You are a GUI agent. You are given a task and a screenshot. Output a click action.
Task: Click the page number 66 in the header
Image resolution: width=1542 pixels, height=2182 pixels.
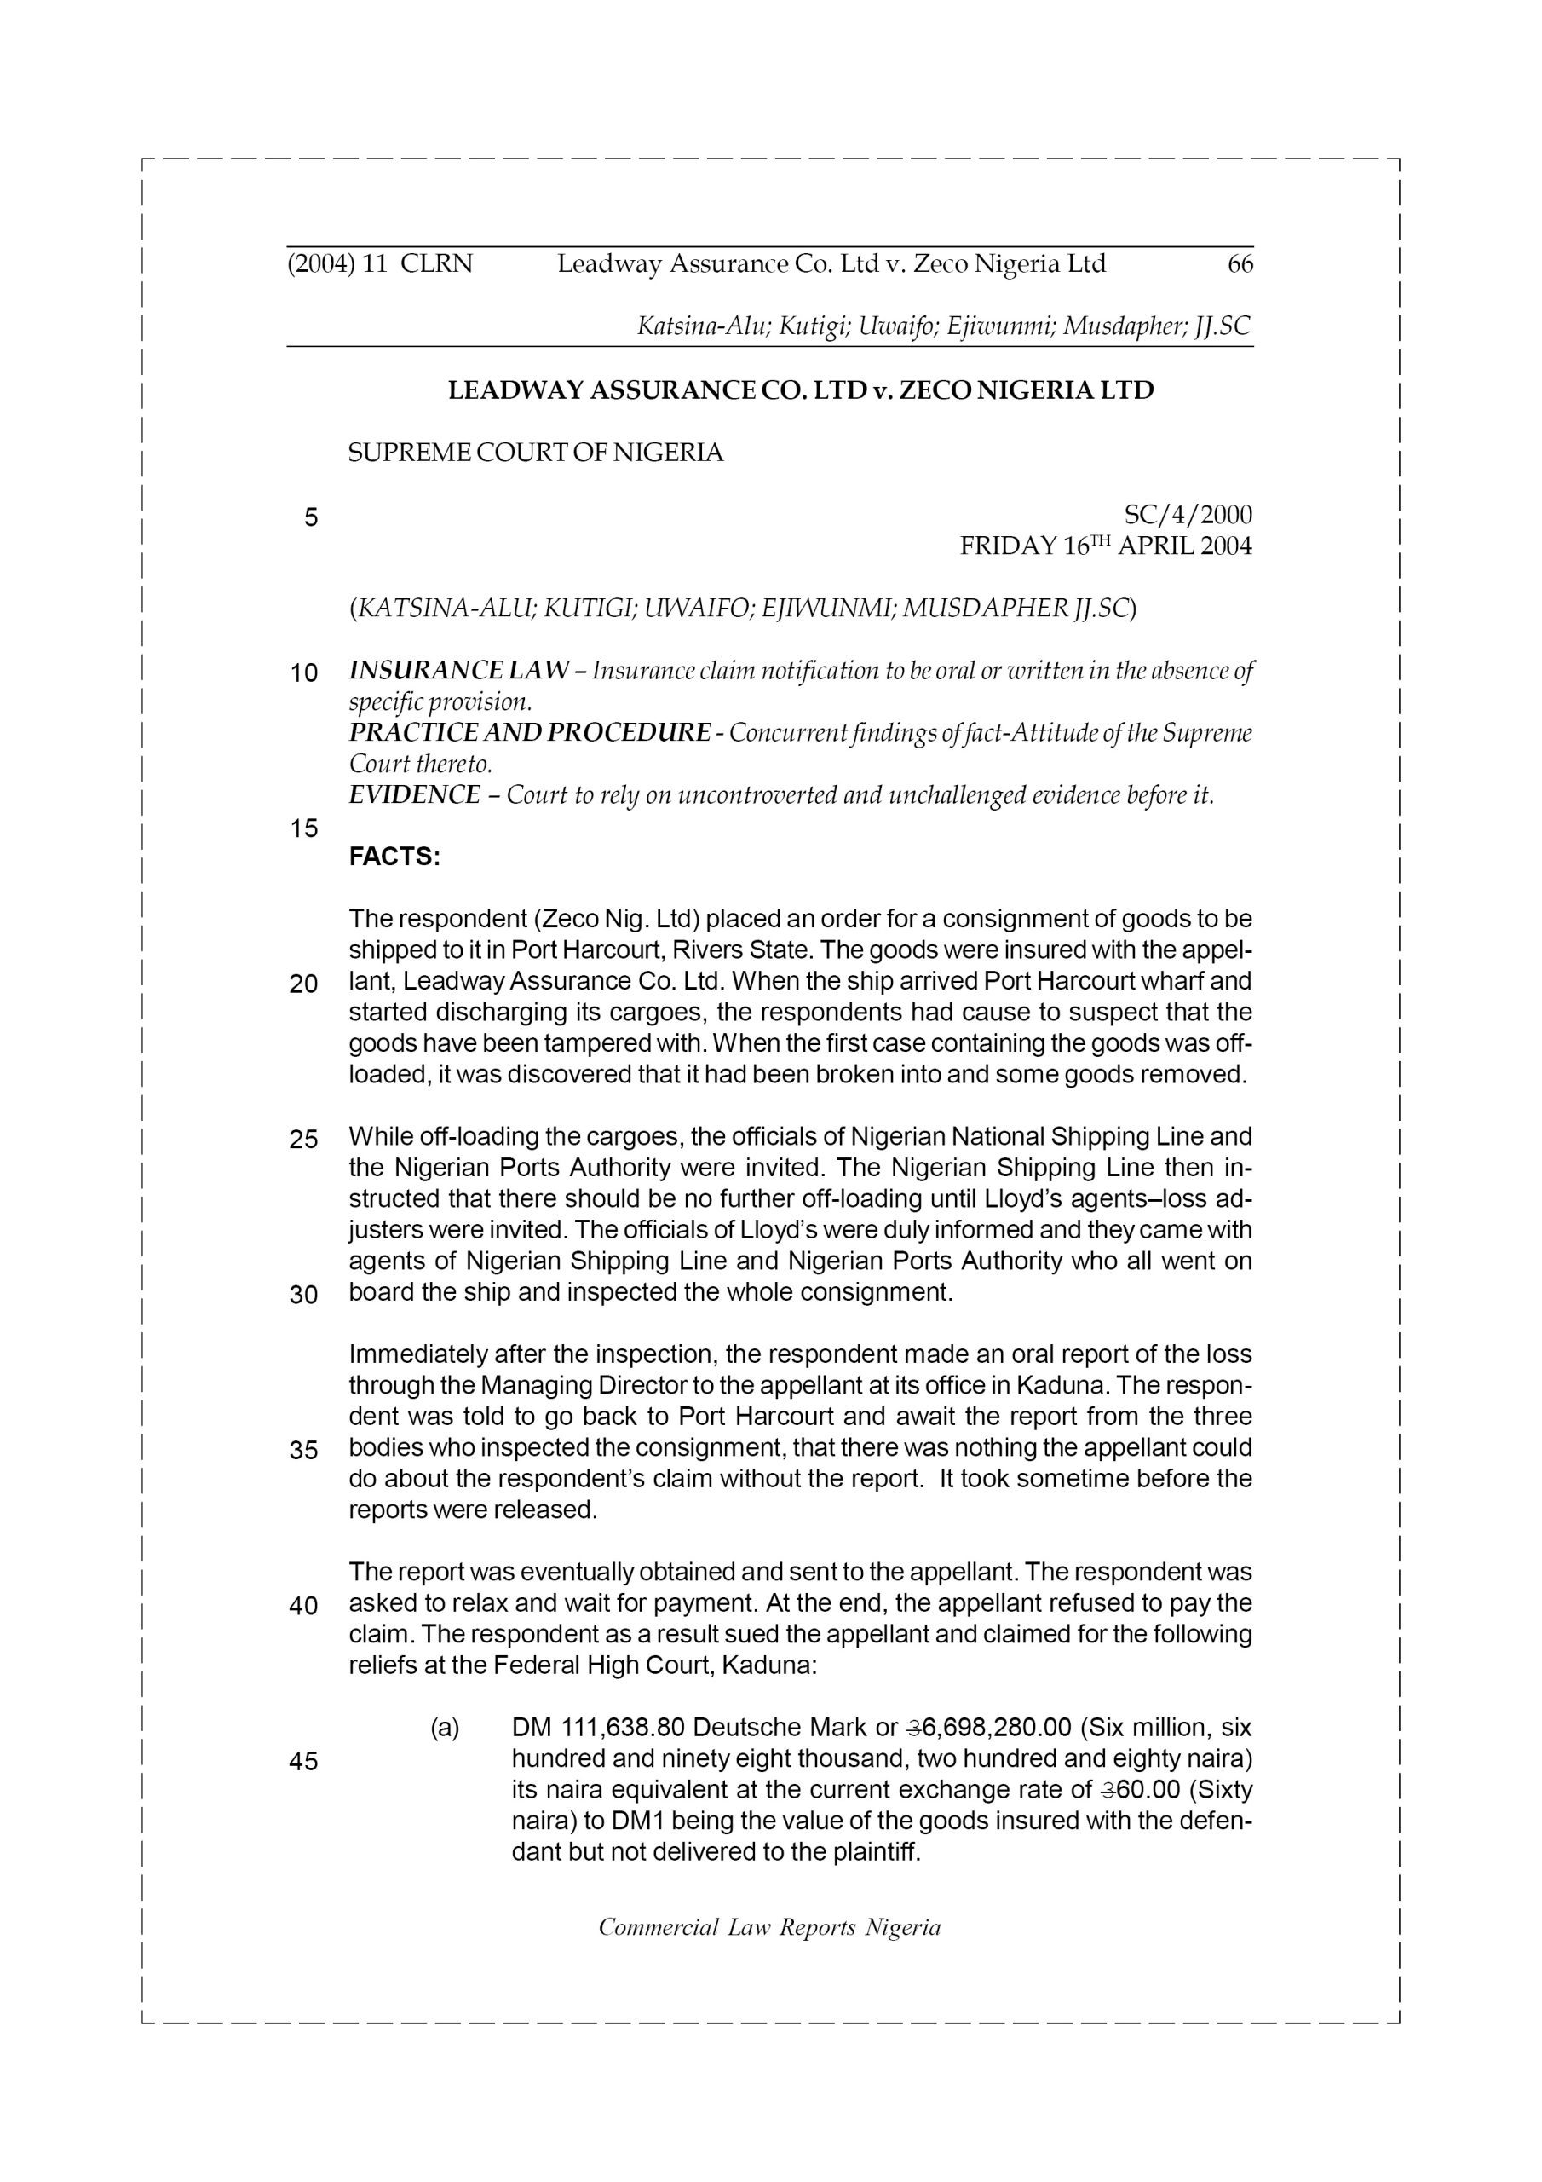pyautogui.click(x=1240, y=264)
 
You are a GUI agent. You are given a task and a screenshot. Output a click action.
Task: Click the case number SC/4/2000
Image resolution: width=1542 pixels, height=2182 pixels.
pyautogui.click(x=1188, y=515)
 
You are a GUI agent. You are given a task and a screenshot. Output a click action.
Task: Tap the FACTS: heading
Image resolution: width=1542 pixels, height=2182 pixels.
pyautogui.click(x=394, y=857)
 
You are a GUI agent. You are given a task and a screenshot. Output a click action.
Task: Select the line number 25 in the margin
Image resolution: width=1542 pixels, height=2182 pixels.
pyautogui.click(x=303, y=1140)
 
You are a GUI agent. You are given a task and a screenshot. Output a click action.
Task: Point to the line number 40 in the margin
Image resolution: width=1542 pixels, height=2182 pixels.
pyautogui.click(x=303, y=1606)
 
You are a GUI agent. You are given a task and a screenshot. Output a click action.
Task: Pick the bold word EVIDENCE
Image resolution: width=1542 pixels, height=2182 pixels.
pyautogui.click(x=414, y=795)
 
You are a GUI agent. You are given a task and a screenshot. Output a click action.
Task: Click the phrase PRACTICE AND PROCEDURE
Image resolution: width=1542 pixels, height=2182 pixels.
pyautogui.click(x=529, y=733)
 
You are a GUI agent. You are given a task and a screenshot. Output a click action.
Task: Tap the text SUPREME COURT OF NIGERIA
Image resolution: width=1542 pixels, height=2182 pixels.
pyautogui.click(x=535, y=453)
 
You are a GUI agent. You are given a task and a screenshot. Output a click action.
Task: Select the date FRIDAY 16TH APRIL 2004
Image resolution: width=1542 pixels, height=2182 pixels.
pyautogui.click(x=1105, y=546)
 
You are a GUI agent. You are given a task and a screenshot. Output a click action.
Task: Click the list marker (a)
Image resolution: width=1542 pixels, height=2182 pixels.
pyautogui.click(x=445, y=1728)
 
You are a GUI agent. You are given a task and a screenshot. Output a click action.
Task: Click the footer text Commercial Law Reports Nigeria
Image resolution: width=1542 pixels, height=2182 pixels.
pyautogui.click(x=769, y=1927)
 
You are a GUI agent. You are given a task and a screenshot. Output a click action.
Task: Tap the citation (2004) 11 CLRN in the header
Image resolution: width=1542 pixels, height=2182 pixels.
pyautogui.click(x=380, y=264)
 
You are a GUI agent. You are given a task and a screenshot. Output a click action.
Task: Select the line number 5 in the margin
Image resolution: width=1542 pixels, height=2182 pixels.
pyautogui.click(x=311, y=518)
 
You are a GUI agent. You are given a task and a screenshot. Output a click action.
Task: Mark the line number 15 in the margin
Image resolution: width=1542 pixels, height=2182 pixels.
pyautogui.click(x=303, y=828)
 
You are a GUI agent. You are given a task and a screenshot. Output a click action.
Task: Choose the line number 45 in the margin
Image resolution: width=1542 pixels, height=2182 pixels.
pyautogui.click(x=303, y=1762)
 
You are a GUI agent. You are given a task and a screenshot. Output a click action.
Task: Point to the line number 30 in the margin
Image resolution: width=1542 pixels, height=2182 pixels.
pyautogui.click(x=303, y=1296)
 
